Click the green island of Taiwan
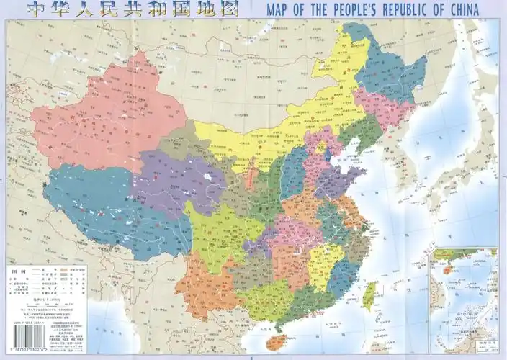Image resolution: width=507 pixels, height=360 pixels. pyautogui.click(x=371, y=292)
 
